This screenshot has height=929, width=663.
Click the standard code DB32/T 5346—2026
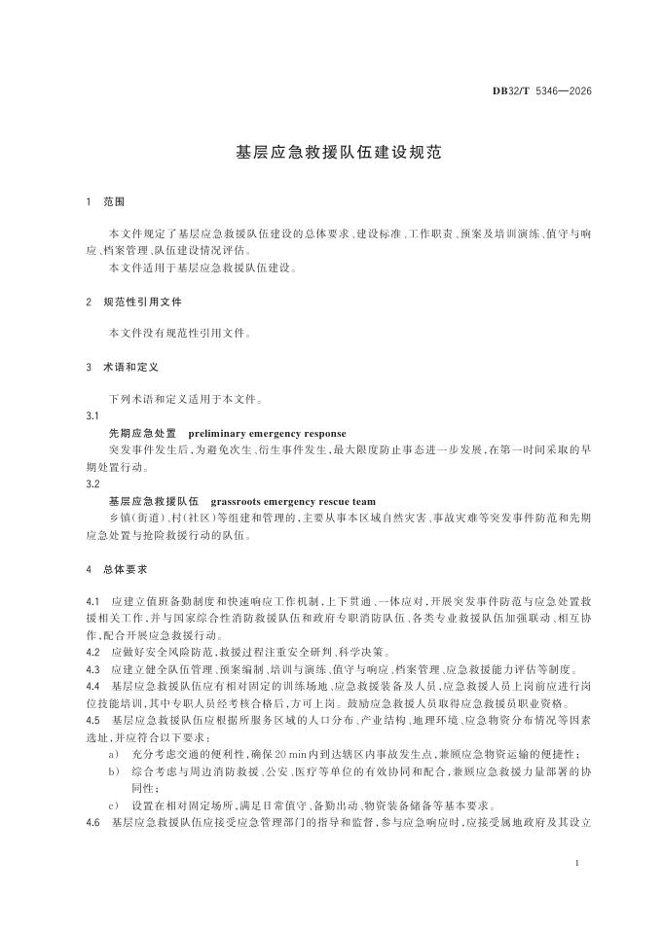(x=541, y=91)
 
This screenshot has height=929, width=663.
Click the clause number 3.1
(x=92, y=416)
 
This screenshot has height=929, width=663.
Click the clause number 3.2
(x=92, y=483)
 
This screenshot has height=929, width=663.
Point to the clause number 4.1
(x=93, y=602)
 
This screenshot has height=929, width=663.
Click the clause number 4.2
(x=93, y=652)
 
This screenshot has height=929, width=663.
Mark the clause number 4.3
(x=93, y=669)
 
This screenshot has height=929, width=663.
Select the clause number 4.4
(x=93, y=686)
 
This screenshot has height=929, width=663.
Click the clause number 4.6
(x=93, y=822)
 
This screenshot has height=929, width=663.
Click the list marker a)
(x=115, y=754)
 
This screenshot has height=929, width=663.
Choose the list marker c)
(x=115, y=805)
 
